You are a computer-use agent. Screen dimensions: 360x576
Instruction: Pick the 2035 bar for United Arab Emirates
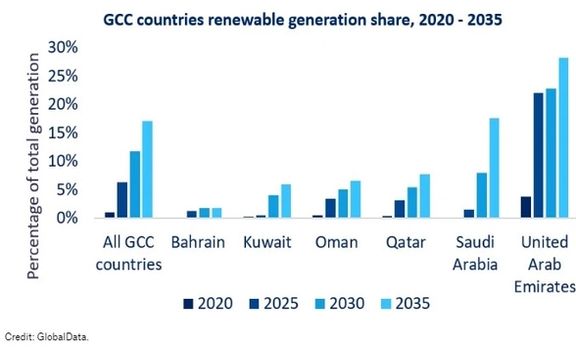[563, 138]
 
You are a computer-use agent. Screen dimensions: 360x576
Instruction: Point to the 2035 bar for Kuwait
[285, 201]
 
